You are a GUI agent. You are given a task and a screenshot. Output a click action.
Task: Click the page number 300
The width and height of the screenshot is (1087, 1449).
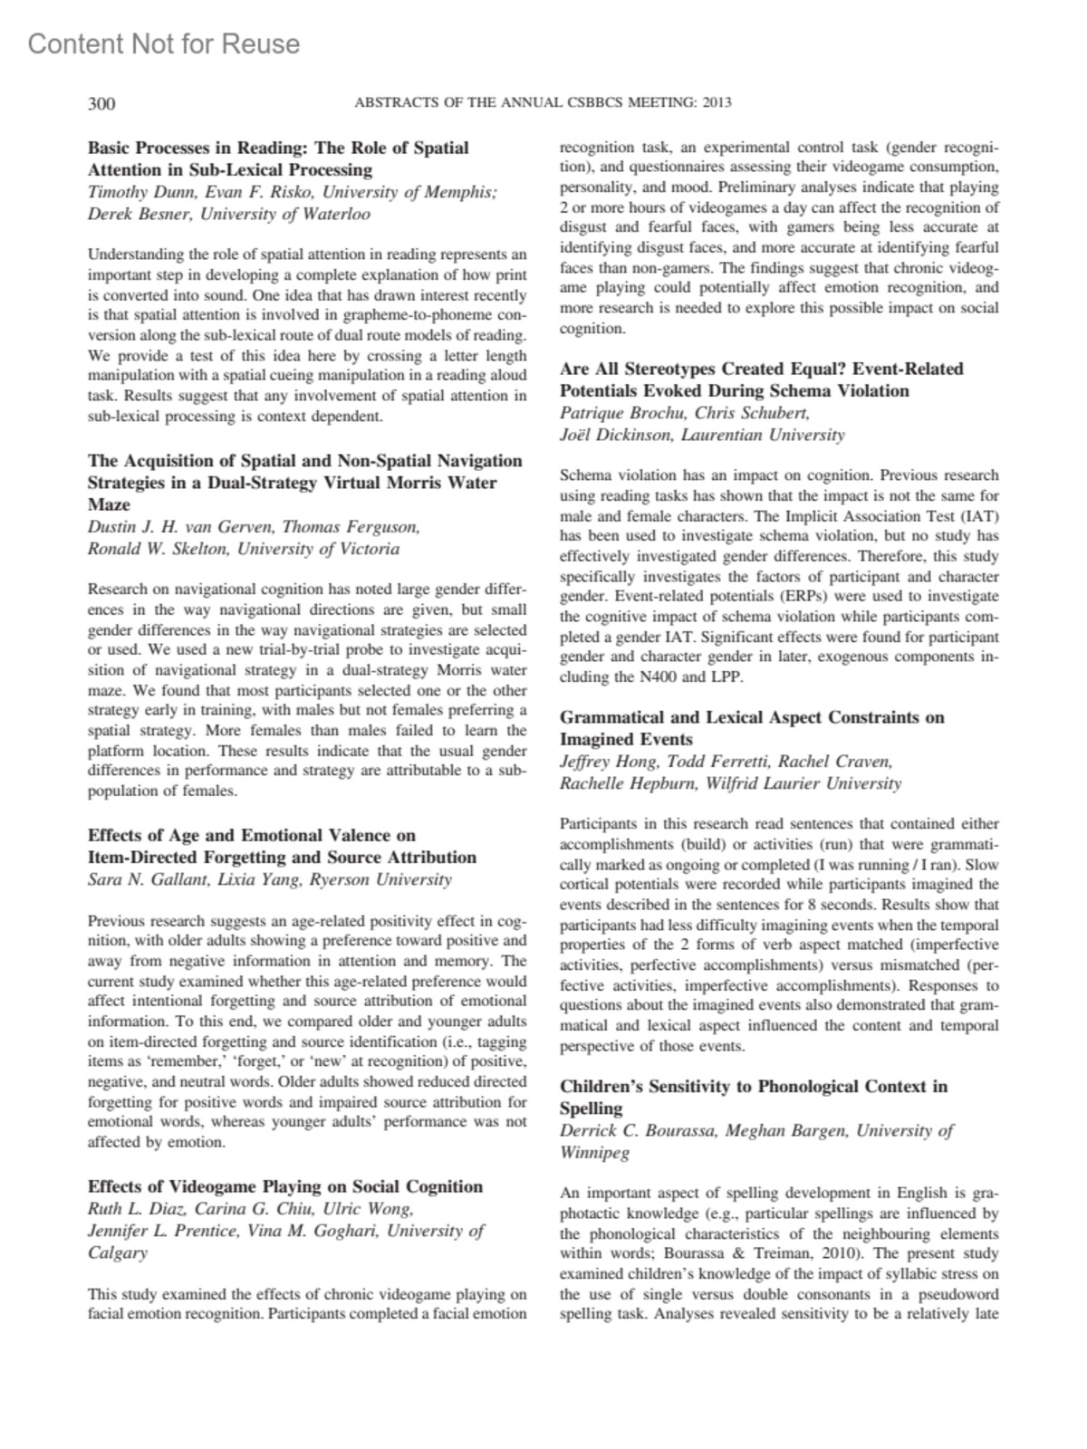click(x=101, y=103)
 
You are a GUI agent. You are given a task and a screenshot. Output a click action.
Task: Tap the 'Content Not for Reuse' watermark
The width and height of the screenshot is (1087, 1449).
click(x=164, y=43)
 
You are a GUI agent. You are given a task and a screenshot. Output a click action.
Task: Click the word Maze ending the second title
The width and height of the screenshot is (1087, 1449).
click(x=109, y=504)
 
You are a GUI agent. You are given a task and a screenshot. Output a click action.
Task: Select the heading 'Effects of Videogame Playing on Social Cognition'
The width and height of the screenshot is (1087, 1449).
click(x=285, y=1186)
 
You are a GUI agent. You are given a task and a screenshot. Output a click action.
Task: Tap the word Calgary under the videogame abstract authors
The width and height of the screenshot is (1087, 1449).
click(x=117, y=1252)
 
